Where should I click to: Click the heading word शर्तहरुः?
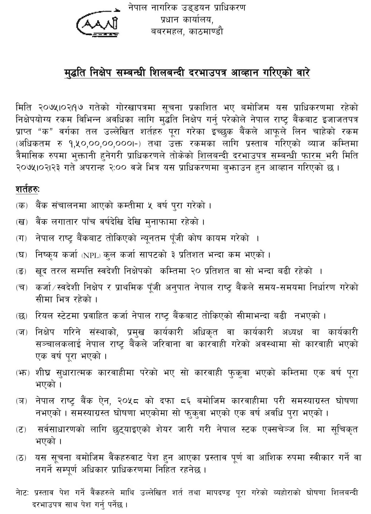click(27, 189)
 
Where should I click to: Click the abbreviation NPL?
click(91, 255)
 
